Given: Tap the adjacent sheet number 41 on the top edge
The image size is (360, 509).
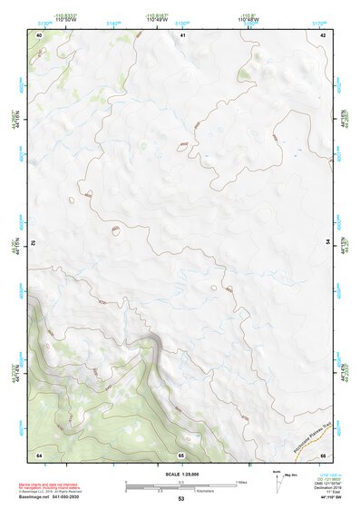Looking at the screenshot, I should [x=182, y=34].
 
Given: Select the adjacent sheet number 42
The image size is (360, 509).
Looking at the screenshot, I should [x=323, y=34].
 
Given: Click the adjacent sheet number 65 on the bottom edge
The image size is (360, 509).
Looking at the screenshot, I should [x=181, y=454].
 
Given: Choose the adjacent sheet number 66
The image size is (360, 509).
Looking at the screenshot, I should [x=323, y=454].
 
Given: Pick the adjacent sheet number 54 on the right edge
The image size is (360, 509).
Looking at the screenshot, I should [x=328, y=243].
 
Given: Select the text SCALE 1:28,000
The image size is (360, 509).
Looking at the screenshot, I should [x=181, y=472].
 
